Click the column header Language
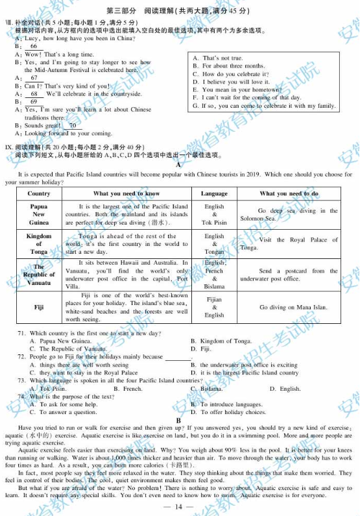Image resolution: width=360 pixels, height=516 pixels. click(214, 193)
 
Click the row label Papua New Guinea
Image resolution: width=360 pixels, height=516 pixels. click(39, 214)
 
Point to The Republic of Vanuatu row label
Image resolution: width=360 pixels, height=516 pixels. click(39, 275)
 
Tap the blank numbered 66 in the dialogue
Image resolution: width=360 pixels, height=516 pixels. click(34, 47)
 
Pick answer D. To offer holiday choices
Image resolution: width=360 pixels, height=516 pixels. click(229, 412)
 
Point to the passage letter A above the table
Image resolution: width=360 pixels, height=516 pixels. click(178, 166)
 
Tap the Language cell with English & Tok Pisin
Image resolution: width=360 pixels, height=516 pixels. click(214, 214)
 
